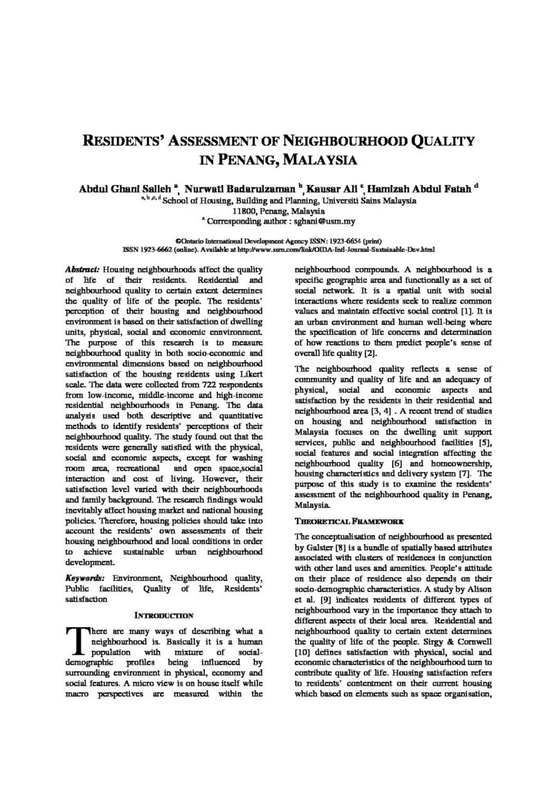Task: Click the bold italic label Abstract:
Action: pos(80,271)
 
